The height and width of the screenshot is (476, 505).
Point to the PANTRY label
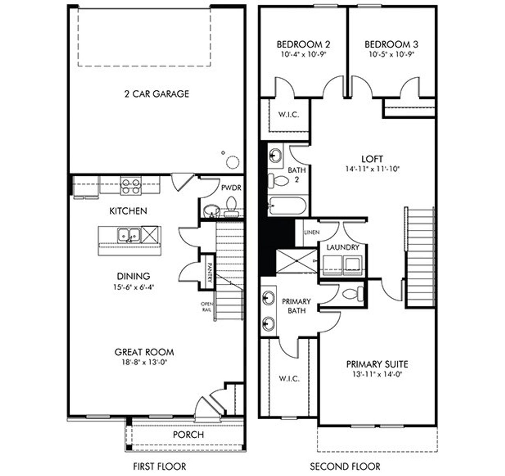click(209, 273)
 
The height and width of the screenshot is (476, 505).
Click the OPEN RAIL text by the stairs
click(206, 307)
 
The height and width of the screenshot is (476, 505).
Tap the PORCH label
click(189, 435)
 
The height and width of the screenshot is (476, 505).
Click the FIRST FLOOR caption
click(159, 467)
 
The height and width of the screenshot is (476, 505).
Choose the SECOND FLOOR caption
click(345, 467)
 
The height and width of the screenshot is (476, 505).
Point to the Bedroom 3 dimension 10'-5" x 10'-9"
click(391, 55)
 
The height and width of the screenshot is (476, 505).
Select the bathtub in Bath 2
click(287, 206)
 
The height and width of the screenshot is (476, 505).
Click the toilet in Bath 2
click(279, 181)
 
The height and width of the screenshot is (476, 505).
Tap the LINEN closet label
click(312, 232)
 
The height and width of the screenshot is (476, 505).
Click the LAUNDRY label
click(343, 247)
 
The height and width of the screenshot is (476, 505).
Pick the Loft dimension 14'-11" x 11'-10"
click(372, 169)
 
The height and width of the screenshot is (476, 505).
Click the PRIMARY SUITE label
click(377, 364)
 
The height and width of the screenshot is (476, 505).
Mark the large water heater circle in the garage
click(232, 162)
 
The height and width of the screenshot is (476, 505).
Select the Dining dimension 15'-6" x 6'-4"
click(133, 287)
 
